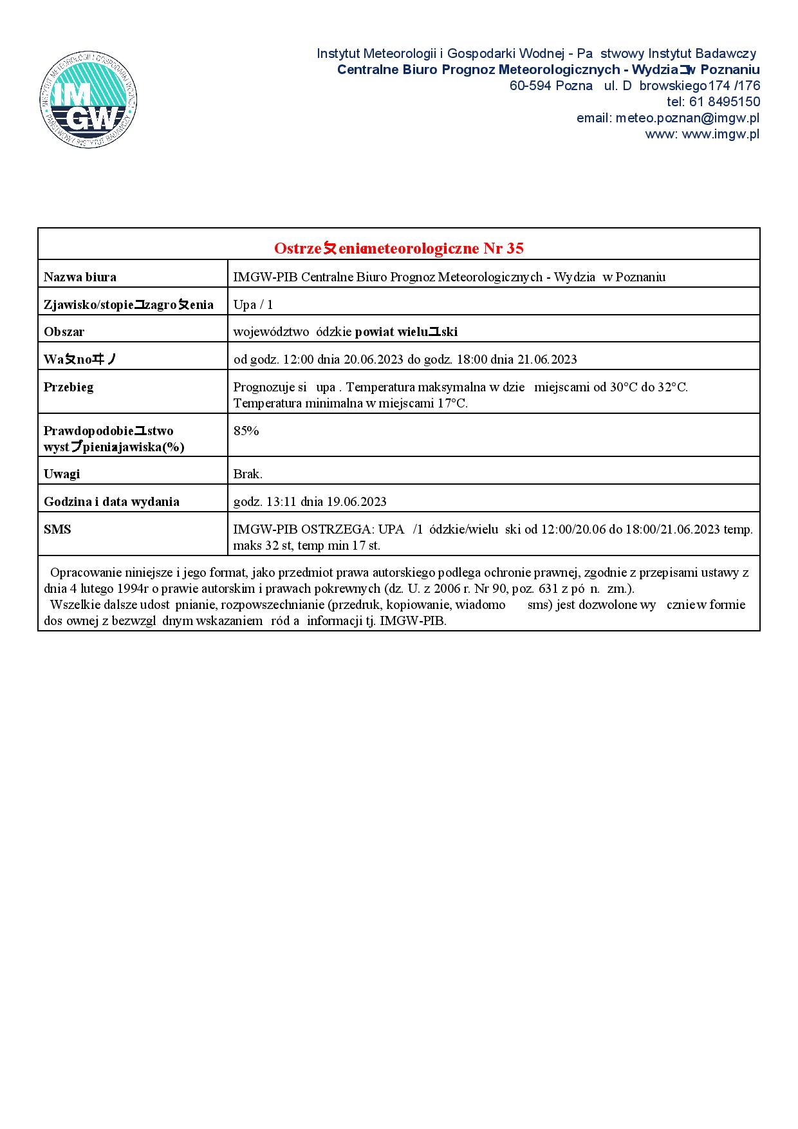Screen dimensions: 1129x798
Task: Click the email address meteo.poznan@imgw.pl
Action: [x=687, y=118]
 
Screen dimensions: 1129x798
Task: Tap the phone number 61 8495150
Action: [x=725, y=102]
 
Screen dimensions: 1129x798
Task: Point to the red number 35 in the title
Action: [x=515, y=248]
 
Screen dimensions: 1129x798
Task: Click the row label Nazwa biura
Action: [x=80, y=277]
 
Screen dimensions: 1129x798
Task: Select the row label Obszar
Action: [x=64, y=332]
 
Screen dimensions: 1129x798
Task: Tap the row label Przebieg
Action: [x=68, y=387]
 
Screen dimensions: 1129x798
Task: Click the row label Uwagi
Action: [x=62, y=474]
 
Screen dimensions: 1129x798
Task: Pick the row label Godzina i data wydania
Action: [x=111, y=502]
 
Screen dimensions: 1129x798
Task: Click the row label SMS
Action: [x=57, y=530]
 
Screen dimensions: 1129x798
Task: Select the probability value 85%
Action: [x=246, y=431]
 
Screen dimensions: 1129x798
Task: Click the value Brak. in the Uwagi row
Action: [x=248, y=474]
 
